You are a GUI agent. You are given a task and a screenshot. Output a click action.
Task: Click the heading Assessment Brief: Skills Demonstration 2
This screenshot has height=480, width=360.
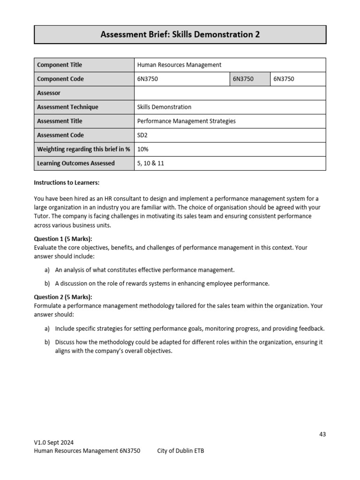pos(180,35)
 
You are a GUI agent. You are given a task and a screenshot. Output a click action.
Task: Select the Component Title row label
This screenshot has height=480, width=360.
pos(59,65)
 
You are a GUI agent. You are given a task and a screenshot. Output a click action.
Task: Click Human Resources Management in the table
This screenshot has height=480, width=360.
pos(179,65)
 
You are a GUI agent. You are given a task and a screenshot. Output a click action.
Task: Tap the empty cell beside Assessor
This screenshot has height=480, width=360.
pos(230,93)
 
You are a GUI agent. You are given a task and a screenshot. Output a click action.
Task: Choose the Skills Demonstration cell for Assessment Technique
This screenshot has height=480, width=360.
pos(164,107)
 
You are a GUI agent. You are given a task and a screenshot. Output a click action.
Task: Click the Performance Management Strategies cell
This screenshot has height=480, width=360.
pos(186,121)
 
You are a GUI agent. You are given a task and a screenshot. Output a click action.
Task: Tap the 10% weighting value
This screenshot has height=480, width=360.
pos(142,150)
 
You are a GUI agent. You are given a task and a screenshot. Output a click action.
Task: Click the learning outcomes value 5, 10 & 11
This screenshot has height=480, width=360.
pos(150,164)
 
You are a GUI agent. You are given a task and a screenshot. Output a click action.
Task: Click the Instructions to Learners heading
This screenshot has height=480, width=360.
pos(67,182)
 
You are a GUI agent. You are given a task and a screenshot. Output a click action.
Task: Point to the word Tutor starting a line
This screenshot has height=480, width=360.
pos(42,216)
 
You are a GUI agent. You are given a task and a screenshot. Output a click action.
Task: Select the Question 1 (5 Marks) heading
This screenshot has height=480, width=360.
pos(63,239)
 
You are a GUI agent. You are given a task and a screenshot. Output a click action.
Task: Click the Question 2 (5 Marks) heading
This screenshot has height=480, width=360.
pos(63,297)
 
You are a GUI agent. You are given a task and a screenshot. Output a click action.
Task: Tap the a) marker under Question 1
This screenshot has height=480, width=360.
pos(47,270)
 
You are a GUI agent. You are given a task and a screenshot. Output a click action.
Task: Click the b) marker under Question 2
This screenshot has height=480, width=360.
pos(47,342)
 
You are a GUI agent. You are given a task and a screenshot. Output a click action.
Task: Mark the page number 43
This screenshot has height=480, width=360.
pos(322,434)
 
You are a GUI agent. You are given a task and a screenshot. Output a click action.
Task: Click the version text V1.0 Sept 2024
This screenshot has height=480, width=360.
pos(54,442)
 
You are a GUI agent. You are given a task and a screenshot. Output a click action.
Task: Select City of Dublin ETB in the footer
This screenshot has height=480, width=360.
pos(180,451)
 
